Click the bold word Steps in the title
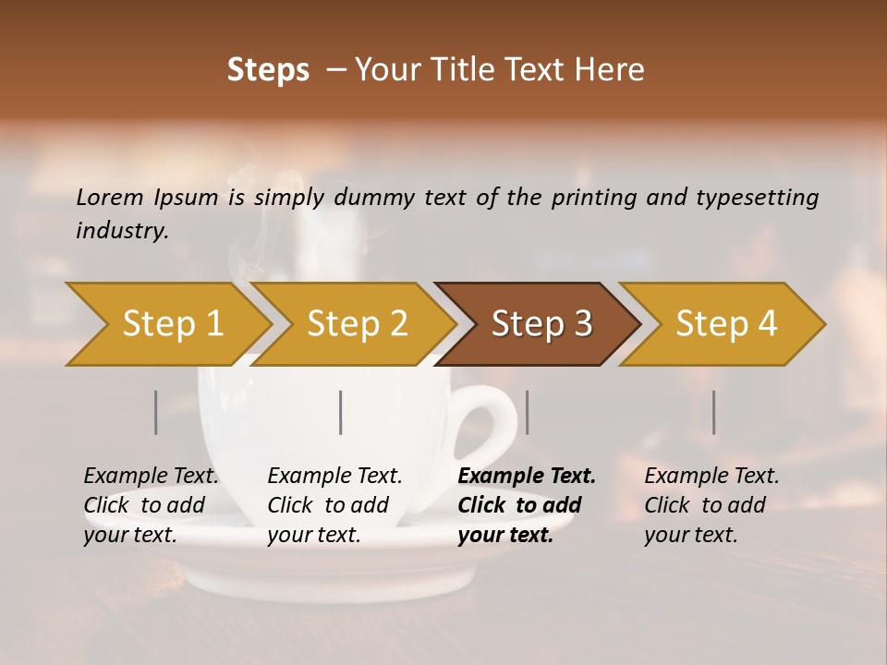click(268, 70)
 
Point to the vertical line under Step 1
click(156, 412)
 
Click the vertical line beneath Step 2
click(341, 412)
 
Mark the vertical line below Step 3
click(527, 412)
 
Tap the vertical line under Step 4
click(713, 412)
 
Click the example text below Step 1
click(151, 505)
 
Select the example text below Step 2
click(334, 505)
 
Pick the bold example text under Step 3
click(526, 505)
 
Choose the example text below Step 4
click(711, 505)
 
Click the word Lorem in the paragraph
click(110, 198)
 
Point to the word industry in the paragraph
click(122, 231)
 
